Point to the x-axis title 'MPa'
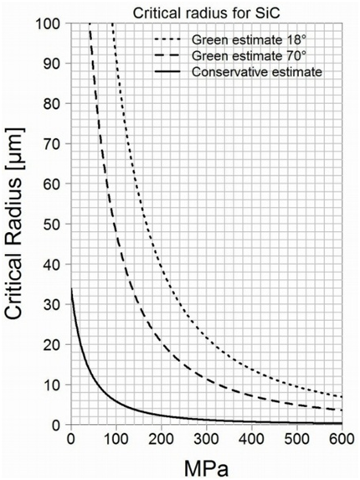[x=205, y=464]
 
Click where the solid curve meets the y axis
[x=70, y=289]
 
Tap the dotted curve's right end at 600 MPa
[x=341, y=396]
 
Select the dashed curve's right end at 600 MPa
[x=341, y=410]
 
